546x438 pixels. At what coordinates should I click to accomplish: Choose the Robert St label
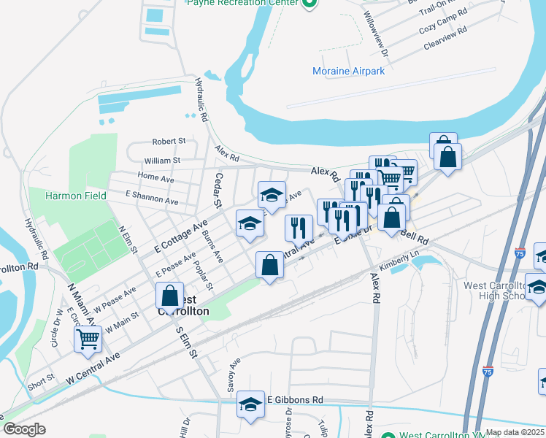point(169,141)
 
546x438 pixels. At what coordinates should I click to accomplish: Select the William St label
point(162,161)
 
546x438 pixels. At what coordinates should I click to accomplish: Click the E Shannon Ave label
point(152,198)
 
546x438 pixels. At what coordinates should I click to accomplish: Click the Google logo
point(24,429)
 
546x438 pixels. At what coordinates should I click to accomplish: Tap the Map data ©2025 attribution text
point(514,433)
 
